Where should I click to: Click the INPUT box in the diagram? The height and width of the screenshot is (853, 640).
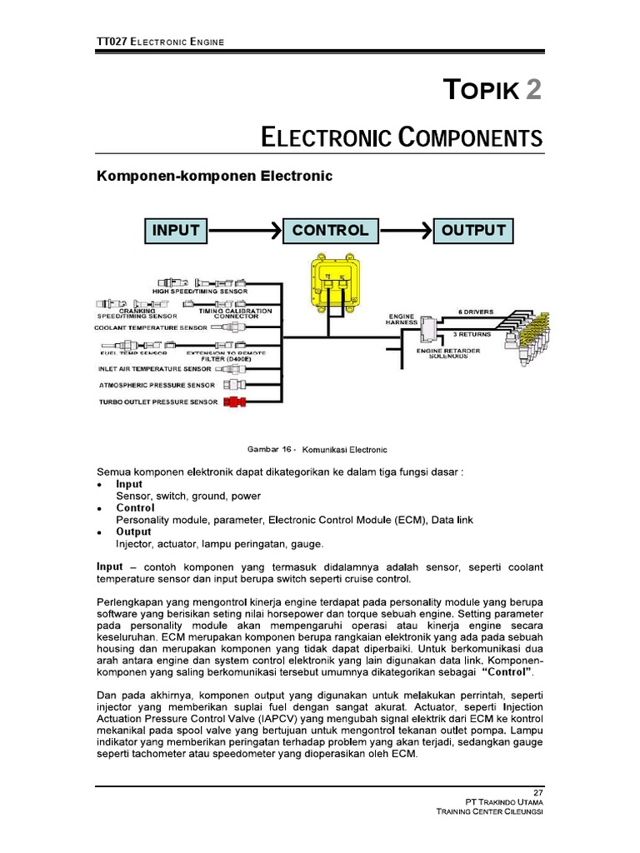(x=176, y=231)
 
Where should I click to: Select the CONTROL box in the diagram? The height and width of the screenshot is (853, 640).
(x=330, y=231)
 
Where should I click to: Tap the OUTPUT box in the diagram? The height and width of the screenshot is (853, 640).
(x=473, y=231)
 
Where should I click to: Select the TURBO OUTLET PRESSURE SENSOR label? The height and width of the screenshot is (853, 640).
(x=158, y=402)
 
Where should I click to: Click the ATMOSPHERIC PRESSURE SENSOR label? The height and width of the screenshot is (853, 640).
(x=157, y=385)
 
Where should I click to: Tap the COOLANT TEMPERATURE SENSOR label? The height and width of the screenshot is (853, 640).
(x=151, y=328)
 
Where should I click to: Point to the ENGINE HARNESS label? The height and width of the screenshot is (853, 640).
(x=401, y=320)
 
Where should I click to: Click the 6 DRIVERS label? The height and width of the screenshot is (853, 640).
(x=476, y=312)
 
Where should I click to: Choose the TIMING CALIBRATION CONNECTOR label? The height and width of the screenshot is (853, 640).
(x=235, y=313)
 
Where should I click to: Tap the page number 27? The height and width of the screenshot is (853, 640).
(x=537, y=791)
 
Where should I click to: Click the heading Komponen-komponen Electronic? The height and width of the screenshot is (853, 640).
(x=215, y=176)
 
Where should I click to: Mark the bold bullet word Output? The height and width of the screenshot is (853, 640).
(x=133, y=531)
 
